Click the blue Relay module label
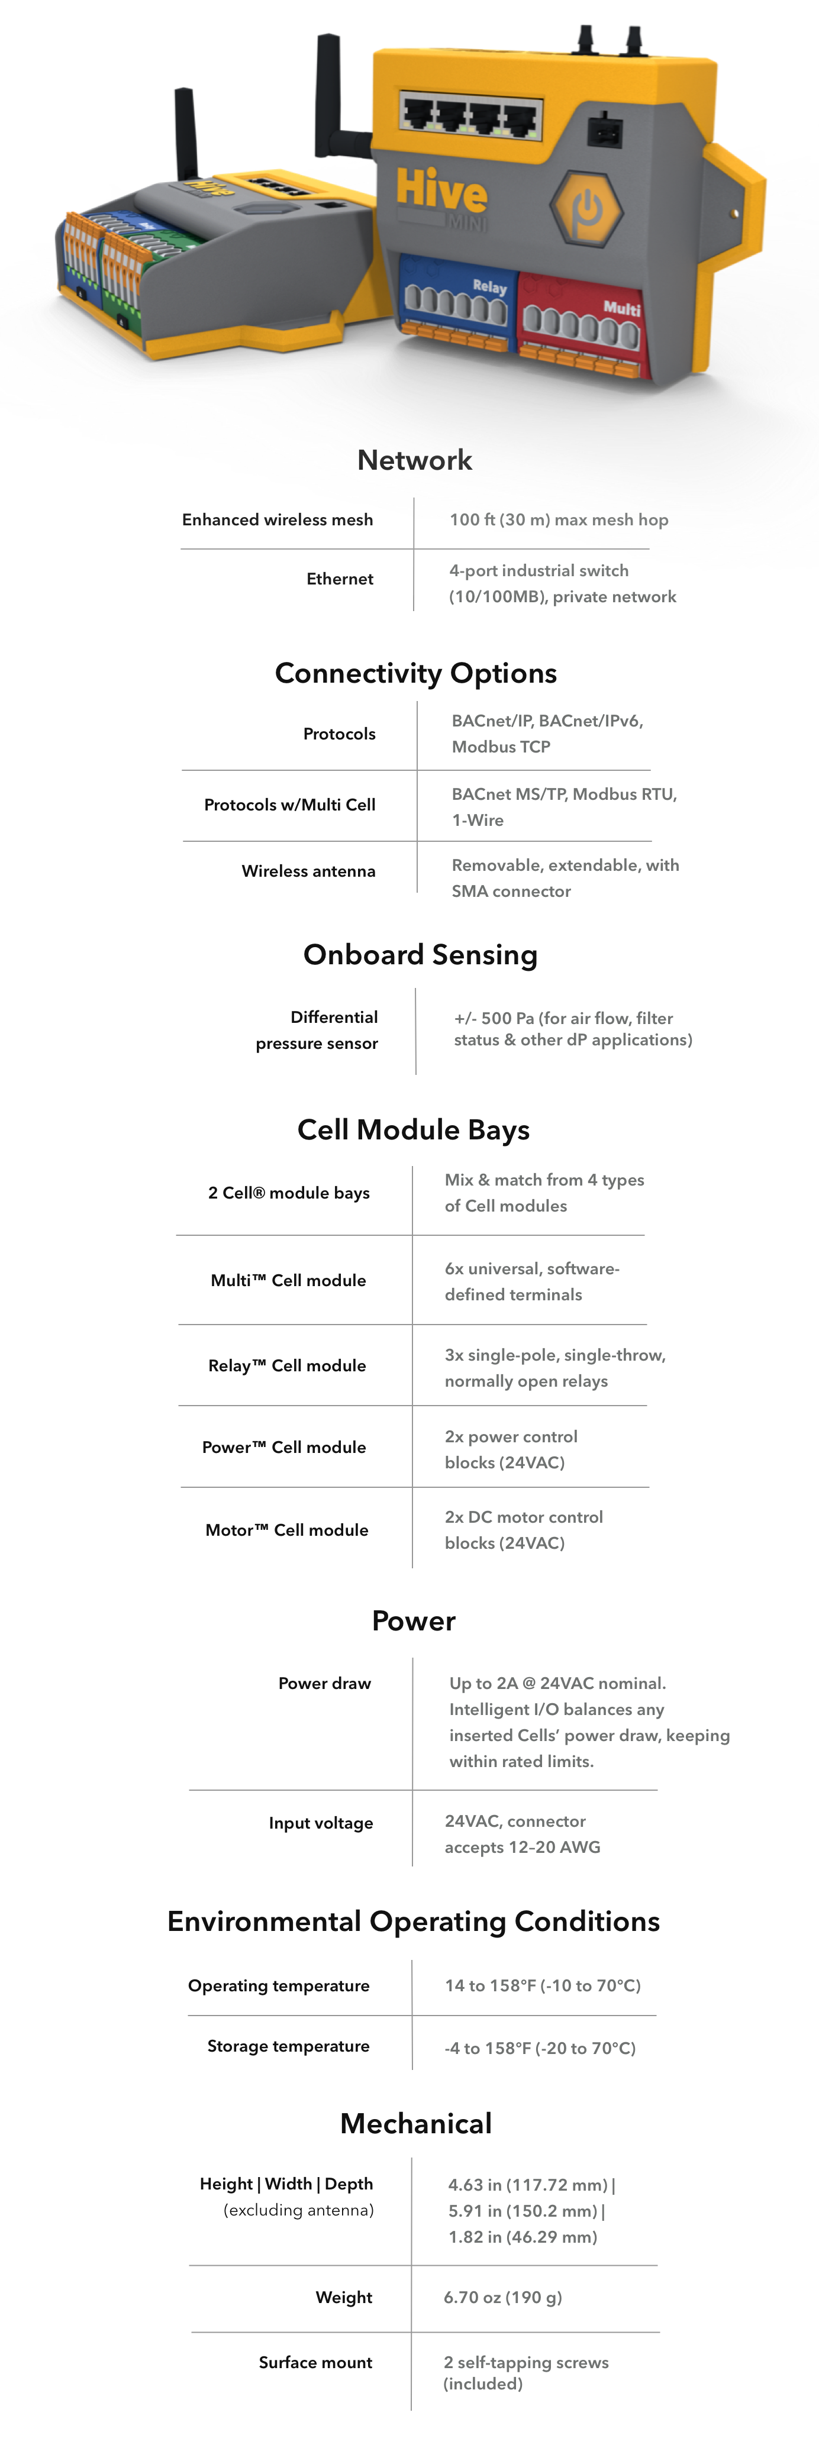[489, 286]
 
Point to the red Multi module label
[621, 308]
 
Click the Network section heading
[414, 460]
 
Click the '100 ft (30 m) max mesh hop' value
[559, 520]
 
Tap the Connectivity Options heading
[415, 673]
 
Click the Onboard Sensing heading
[420, 954]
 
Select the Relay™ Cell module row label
[287, 1365]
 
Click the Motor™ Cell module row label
[287, 1530]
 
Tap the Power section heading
[413, 1621]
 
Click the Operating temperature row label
[278, 1985]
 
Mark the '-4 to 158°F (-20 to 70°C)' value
[540, 2048]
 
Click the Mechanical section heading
[415, 2123]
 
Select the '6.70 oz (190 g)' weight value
[502, 2297]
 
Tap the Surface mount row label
[315, 2362]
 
